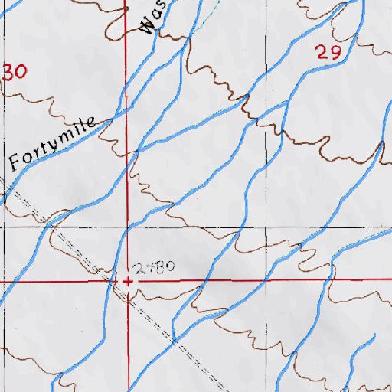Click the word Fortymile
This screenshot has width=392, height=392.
52,143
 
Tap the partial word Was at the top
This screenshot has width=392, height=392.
152,20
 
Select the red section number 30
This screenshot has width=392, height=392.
16,72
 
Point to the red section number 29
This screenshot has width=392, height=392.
327,52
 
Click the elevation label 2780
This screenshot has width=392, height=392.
155,268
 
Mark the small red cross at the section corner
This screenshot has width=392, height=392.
128,281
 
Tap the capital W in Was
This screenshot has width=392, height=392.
149,28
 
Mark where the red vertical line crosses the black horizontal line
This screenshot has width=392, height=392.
128,227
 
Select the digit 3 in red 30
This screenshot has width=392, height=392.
10,73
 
